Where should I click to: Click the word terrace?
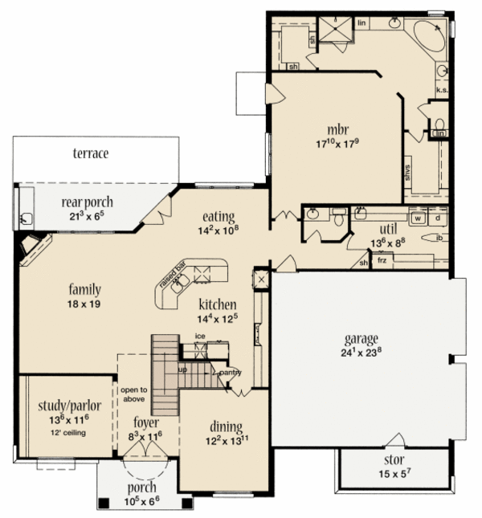(x=90, y=153)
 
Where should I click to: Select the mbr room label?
(x=337, y=129)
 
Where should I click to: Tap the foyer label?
(x=145, y=422)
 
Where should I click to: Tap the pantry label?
(x=232, y=372)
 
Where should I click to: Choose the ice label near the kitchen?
(x=198, y=336)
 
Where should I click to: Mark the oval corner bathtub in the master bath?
(x=431, y=38)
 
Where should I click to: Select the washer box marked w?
(x=418, y=217)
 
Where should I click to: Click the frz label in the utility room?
(x=381, y=261)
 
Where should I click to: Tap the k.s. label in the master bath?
(x=441, y=90)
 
